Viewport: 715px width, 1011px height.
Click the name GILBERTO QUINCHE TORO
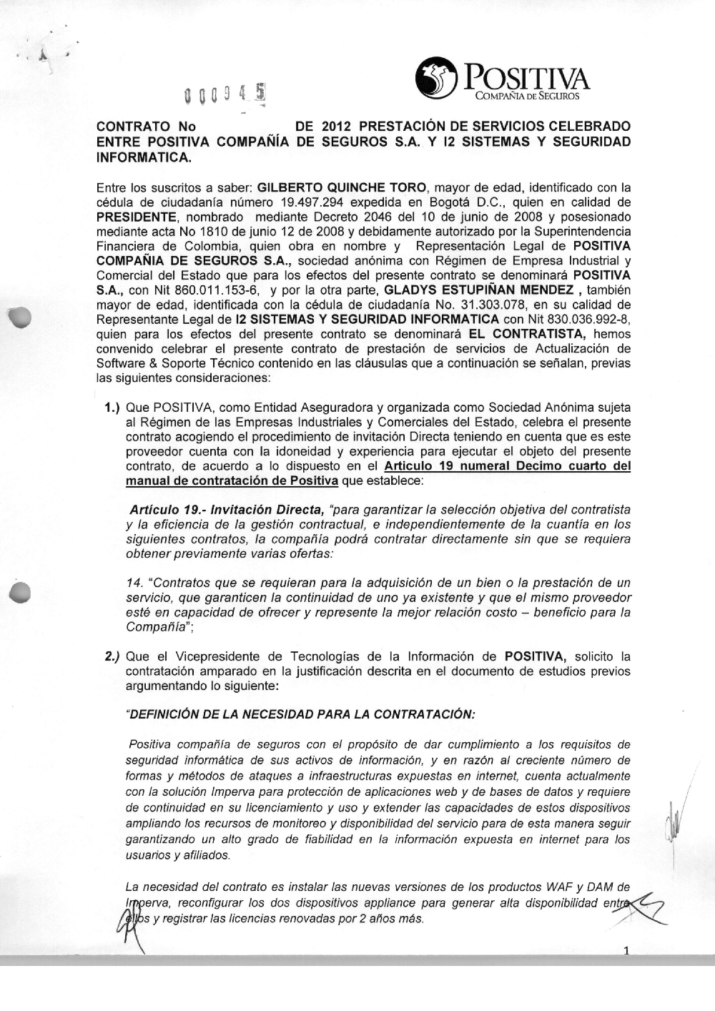(331, 188)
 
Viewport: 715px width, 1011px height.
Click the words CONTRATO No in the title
(142, 127)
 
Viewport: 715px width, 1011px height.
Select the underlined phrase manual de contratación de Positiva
(232, 481)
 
